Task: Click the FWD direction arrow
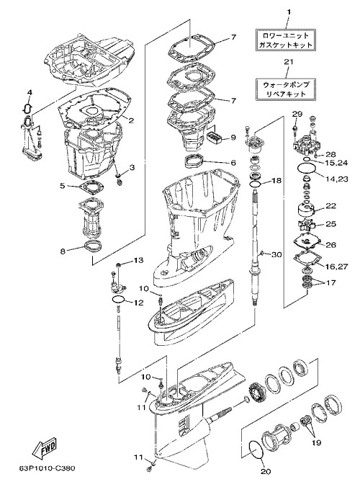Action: [45, 449]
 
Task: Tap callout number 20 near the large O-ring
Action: [266, 471]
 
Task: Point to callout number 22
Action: [330, 206]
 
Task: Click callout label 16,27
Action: [336, 267]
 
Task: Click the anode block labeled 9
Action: [215, 136]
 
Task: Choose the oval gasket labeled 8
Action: [92, 245]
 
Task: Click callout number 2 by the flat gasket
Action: [131, 120]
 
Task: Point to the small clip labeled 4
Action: [27, 107]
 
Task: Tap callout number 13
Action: [138, 260]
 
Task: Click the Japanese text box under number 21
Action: [285, 89]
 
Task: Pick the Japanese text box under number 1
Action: [285, 40]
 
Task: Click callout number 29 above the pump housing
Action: [297, 114]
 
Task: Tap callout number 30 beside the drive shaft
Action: [276, 255]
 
